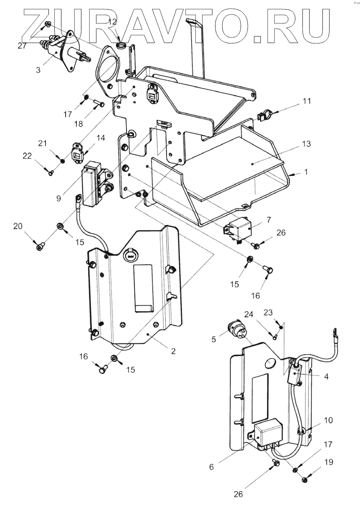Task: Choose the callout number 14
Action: pyautogui.click(x=100, y=138)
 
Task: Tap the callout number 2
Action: pyautogui.click(x=173, y=351)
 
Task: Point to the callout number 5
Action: pyautogui.click(x=213, y=340)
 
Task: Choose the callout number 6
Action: pyautogui.click(x=211, y=467)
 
